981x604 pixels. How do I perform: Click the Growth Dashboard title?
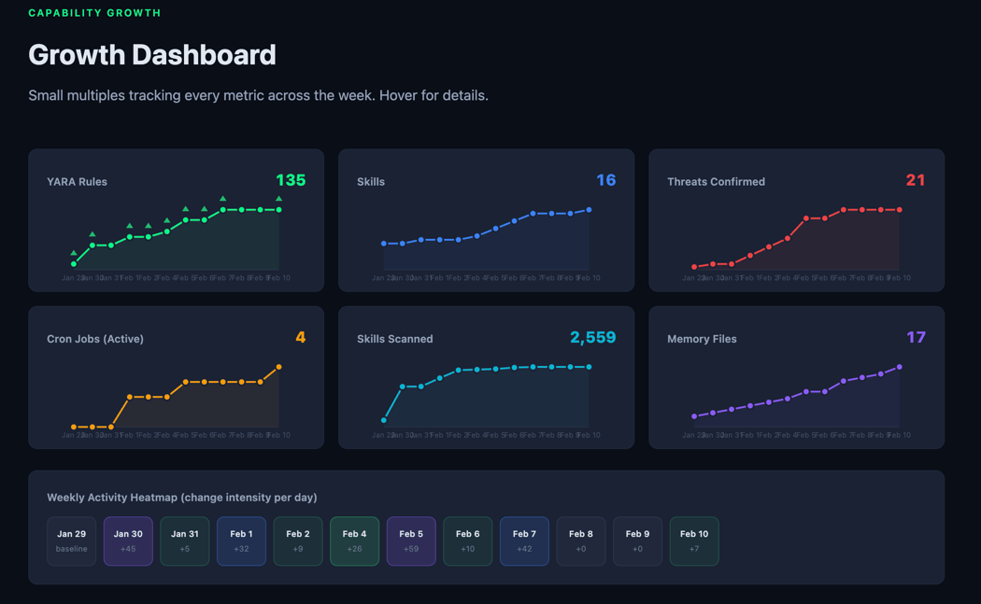pos(152,55)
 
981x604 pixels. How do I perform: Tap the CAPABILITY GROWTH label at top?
pos(94,13)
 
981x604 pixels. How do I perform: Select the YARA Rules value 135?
pos(291,180)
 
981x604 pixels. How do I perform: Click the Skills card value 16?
pos(605,180)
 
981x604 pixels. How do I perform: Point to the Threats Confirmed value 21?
pos(915,180)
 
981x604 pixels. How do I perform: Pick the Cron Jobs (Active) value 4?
pos(300,338)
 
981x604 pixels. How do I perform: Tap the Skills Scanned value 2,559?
pos(592,338)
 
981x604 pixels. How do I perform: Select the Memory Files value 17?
pos(916,338)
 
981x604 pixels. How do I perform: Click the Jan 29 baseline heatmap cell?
pos(71,541)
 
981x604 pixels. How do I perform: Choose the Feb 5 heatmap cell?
pos(411,541)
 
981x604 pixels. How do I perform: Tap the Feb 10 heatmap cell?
pos(694,541)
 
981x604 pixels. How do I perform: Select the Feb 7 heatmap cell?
pos(524,541)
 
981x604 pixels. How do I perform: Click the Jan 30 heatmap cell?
pos(128,541)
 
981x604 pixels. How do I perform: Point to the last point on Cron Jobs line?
pos(279,367)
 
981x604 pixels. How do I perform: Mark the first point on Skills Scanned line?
pos(384,420)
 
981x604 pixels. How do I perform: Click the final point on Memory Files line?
pos(900,367)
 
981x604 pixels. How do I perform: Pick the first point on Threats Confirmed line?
pos(694,267)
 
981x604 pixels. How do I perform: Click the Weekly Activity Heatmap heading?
pos(182,498)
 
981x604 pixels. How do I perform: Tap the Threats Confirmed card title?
pos(716,182)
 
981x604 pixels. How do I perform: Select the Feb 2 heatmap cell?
pos(298,541)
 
